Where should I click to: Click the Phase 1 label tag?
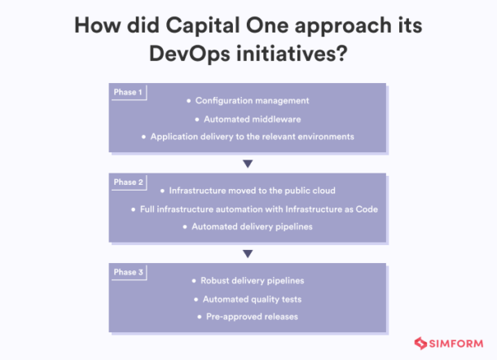(127, 92)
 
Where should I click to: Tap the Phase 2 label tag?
(127, 182)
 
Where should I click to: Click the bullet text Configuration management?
(252, 100)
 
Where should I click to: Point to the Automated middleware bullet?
(252, 118)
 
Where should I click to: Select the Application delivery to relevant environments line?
(252, 136)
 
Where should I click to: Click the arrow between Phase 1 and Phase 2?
(248, 163)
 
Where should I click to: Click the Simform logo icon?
(422, 344)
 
